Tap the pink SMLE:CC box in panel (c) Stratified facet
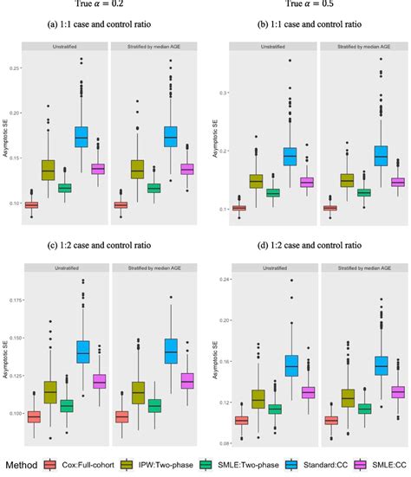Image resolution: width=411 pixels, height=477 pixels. pos(186,380)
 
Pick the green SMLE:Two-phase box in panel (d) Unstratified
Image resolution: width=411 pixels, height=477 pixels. pos(275,409)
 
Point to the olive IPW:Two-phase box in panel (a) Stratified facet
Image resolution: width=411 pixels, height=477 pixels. pos(136,170)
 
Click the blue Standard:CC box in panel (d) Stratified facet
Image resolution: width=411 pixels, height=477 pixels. pos(356,366)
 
